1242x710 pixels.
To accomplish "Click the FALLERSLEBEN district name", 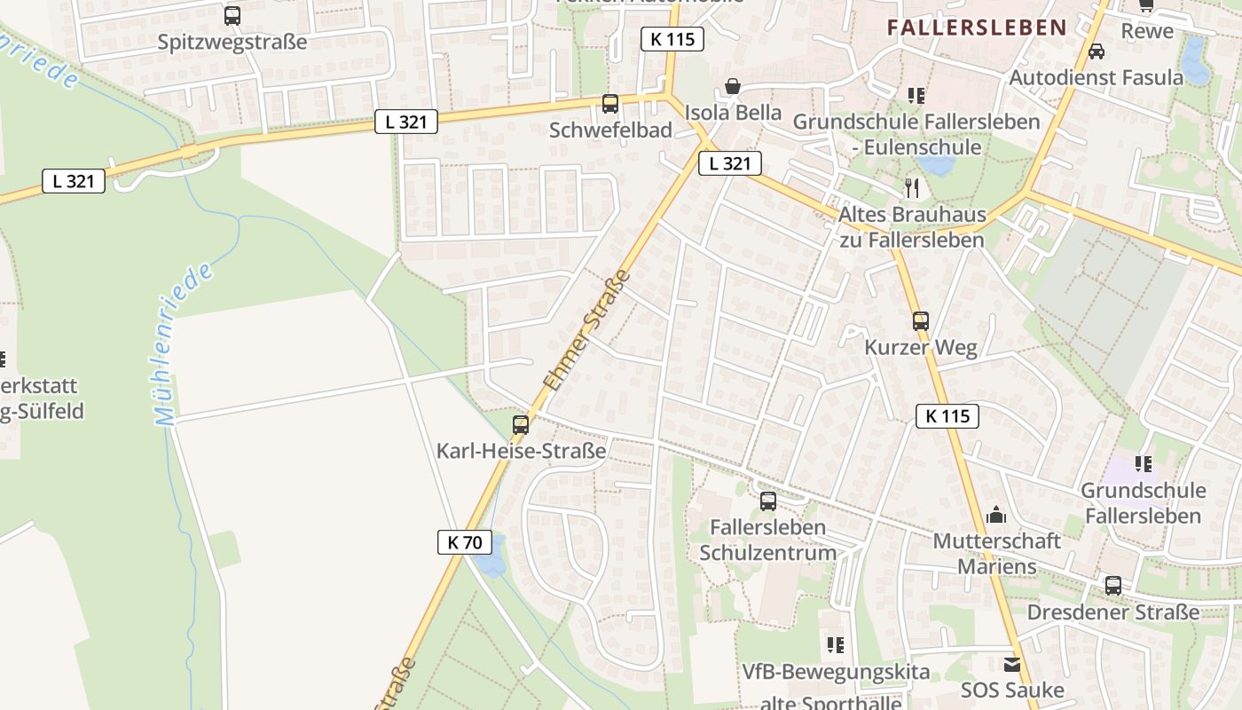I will pyautogui.click(x=977, y=28).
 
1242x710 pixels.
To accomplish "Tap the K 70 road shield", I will pyautogui.click(x=465, y=541).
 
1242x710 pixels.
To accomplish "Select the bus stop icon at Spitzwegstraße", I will pyautogui.click(x=232, y=15).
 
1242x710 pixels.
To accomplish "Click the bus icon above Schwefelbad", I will pyautogui.click(x=610, y=103).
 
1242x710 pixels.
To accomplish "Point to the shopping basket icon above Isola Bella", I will pyautogui.click(x=733, y=86).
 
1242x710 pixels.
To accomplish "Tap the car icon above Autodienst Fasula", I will pyautogui.click(x=1097, y=51).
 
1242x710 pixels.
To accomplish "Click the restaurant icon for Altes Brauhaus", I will pyautogui.click(x=912, y=188).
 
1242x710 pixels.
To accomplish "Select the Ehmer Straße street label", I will pyautogui.click(x=586, y=330).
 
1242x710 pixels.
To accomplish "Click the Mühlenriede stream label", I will pyautogui.click(x=185, y=343).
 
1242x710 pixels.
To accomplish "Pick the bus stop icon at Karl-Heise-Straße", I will pyautogui.click(x=521, y=424).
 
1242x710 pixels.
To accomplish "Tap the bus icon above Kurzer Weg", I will pyautogui.click(x=921, y=321).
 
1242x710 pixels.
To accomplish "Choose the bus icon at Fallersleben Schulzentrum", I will pyautogui.click(x=768, y=501).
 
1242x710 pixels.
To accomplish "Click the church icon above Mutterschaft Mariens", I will pyautogui.click(x=996, y=515).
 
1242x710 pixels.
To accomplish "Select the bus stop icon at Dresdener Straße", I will pyautogui.click(x=1113, y=586).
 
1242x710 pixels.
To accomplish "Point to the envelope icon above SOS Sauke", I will pyautogui.click(x=1012, y=664).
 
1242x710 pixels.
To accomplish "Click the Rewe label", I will pyautogui.click(x=1147, y=31).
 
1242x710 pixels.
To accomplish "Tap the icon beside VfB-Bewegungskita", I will pyautogui.click(x=835, y=645).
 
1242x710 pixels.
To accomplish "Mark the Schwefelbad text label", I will pyautogui.click(x=610, y=130).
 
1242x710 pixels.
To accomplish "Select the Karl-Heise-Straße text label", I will pyautogui.click(x=521, y=451).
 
